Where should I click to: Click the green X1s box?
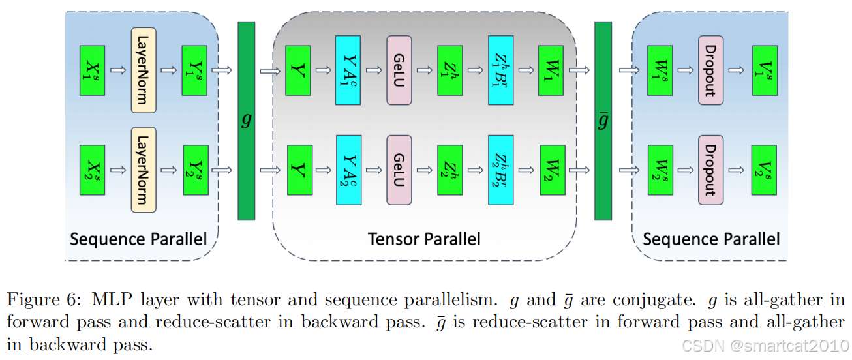click(92, 70)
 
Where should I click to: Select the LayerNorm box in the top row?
click(144, 70)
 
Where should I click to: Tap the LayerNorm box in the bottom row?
click(144, 170)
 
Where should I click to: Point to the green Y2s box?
click(194, 170)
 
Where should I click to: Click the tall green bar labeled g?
click(246, 121)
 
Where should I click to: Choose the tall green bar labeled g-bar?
click(603, 121)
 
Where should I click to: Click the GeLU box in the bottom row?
click(399, 170)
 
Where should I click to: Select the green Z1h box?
click(449, 70)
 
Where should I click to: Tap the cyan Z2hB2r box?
click(501, 170)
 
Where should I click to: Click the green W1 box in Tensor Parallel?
click(551, 70)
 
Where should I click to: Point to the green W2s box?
click(660, 170)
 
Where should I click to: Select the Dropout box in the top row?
click(710, 70)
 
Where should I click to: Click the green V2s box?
click(764, 170)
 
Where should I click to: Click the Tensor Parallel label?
click(424, 239)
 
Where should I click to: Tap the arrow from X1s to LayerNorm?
click(118, 70)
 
